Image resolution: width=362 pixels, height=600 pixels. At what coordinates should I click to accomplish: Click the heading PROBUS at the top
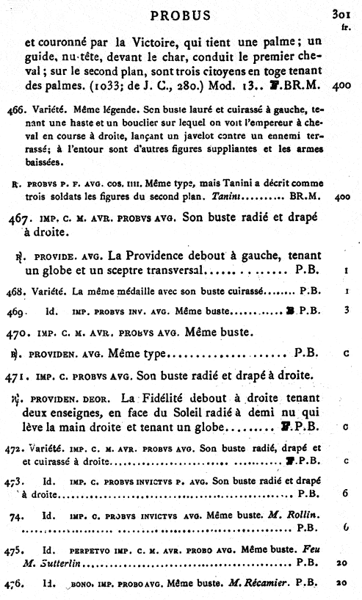pyautogui.click(x=180, y=15)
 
